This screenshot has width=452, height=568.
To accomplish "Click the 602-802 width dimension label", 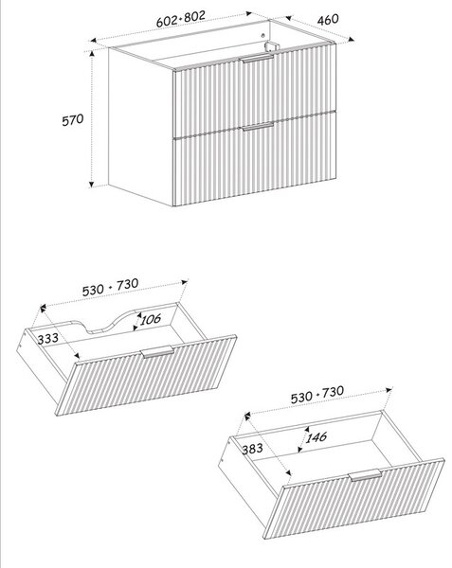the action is point(181,19).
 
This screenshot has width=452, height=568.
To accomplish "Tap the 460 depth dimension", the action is point(328,19).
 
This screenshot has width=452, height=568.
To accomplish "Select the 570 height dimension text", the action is point(73,120).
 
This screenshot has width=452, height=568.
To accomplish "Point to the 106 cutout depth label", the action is point(151,320).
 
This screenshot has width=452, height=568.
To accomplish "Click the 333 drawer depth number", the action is point(47,339).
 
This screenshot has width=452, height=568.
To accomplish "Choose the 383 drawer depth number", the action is point(252,449).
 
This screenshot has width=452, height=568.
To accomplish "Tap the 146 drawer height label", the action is point(316,437).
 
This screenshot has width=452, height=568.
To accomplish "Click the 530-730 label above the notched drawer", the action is point(110,287).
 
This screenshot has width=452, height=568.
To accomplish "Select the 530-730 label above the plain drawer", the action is point(317,395).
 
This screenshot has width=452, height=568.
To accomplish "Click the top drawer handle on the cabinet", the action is point(258,59).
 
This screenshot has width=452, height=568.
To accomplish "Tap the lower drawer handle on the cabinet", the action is point(258,127).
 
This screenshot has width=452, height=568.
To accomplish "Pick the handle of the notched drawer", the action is point(157,352).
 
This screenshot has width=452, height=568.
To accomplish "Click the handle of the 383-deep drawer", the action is point(365,475).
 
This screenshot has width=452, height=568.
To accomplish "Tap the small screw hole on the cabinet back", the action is point(263,35).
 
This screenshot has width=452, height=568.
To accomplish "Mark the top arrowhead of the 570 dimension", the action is point(92,54).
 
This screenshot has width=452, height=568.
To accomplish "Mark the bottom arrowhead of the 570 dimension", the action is point(92,185).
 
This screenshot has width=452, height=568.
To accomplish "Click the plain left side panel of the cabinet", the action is point(140,127).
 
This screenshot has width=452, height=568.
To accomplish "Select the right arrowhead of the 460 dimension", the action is point(351,39).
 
